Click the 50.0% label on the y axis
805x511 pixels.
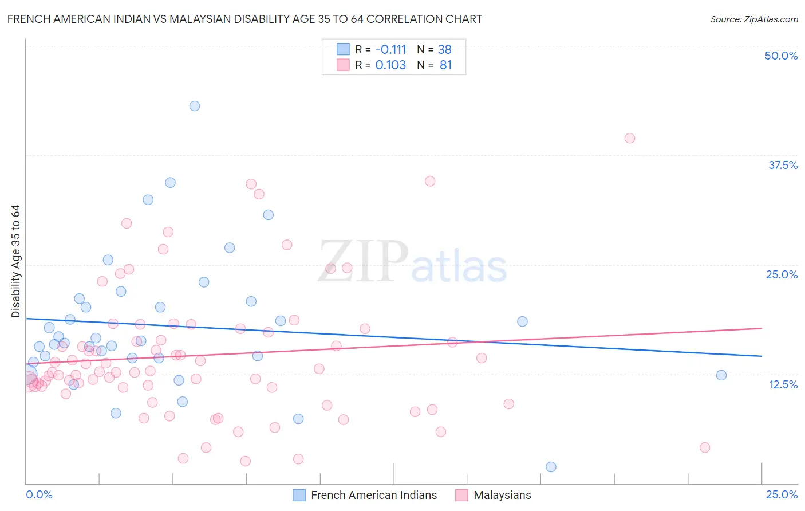[781, 56]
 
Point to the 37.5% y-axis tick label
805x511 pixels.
[783, 165]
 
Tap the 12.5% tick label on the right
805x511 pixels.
[783, 384]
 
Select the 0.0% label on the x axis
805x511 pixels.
[39, 494]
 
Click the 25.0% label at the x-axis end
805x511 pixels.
[782, 494]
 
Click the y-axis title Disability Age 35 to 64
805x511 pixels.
[15, 261]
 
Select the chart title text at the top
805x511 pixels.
[244, 19]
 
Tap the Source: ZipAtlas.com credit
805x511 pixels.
[753, 19]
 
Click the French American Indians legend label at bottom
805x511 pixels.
[373, 495]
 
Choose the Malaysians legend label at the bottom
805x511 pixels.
[502, 495]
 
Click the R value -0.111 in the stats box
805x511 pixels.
[390, 49]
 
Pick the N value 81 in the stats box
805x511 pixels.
[445, 65]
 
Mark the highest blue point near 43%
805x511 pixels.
[195, 106]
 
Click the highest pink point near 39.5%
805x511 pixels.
[630, 138]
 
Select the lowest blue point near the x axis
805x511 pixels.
[551, 467]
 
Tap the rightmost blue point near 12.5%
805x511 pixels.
[721, 375]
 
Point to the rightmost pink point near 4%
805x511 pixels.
[705, 447]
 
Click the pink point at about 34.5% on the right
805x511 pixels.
[430, 181]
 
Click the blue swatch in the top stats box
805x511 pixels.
[343, 49]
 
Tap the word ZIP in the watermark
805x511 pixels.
[363, 262]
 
